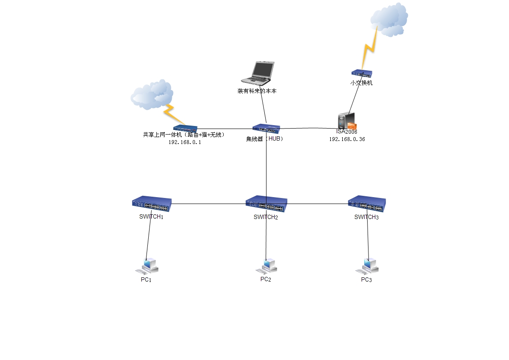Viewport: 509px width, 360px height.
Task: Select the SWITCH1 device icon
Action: [152, 204]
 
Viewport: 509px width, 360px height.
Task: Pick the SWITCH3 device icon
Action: [367, 204]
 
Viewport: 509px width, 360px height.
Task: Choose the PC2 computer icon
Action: [267, 266]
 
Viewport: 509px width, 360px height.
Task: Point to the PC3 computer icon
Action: [368, 267]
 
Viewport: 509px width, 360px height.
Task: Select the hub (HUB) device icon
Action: [266, 128]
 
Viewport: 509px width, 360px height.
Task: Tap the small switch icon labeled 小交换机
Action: [362, 74]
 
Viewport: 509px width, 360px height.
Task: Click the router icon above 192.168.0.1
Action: [185, 128]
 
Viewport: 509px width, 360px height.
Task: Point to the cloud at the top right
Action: [389, 19]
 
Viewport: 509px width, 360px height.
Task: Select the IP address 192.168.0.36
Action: [347, 139]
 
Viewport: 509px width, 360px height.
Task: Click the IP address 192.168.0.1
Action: [184, 142]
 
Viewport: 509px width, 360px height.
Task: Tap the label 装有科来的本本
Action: [257, 91]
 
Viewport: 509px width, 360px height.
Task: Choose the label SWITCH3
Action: [366, 217]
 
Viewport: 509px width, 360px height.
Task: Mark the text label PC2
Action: [266, 279]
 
